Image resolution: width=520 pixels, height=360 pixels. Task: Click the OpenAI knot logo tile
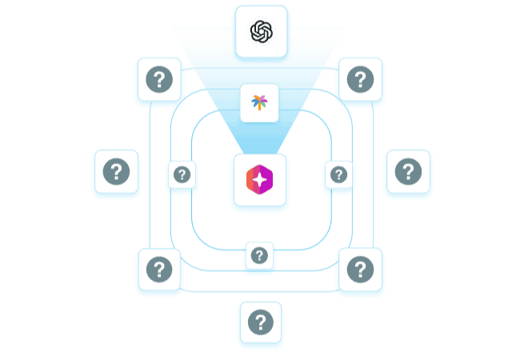coord(261,32)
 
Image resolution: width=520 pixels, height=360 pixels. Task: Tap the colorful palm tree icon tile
coord(259,103)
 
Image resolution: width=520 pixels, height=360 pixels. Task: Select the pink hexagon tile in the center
coord(260,180)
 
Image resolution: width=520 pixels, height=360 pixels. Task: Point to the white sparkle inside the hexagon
coord(260,181)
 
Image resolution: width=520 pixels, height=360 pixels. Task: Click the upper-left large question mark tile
coord(159,79)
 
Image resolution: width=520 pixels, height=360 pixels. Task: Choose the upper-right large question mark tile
coord(360,79)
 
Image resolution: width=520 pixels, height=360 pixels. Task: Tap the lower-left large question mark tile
coord(159,269)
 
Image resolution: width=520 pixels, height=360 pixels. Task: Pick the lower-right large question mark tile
coord(360,269)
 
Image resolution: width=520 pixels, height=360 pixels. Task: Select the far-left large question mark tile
coord(117,171)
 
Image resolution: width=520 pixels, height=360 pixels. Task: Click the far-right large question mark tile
coord(408,171)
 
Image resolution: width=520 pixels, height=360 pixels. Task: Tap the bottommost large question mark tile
coord(260,322)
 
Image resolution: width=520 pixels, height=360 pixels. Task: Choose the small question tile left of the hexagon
coord(182,174)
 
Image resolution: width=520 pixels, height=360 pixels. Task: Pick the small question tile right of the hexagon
coord(338,174)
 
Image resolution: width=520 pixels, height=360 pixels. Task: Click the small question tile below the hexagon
coord(259,255)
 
